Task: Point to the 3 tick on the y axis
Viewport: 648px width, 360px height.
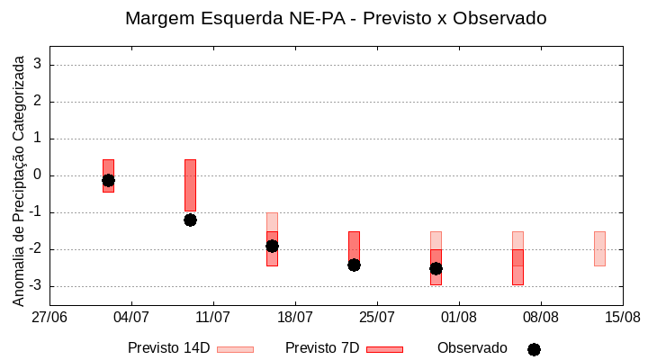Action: coord(39,65)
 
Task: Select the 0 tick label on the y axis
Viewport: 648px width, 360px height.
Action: coord(39,175)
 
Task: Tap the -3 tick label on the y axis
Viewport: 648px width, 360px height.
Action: coord(36,286)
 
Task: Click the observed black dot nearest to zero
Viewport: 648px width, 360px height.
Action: coord(108,180)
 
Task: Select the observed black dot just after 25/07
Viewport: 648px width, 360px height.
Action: coord(436,268)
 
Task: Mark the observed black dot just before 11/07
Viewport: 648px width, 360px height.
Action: coord(190,220)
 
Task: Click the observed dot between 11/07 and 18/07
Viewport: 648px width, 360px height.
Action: coord(272,246)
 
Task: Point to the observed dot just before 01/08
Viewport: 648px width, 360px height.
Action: coord(436,268)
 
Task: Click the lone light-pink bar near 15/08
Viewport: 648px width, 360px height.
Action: coord(599,248)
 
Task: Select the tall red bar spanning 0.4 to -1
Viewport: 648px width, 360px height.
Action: coord(190,184)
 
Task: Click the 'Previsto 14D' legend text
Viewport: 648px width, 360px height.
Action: coord(168,348)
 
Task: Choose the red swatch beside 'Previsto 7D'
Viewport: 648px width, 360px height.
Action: coord(384,349)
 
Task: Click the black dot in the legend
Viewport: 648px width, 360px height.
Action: coord(534,349)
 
